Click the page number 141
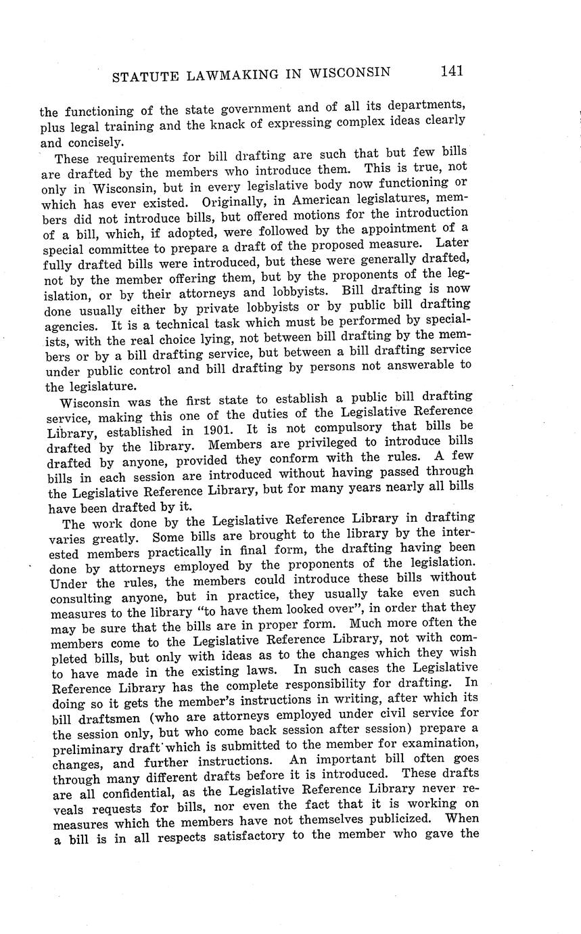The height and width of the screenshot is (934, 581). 451,70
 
